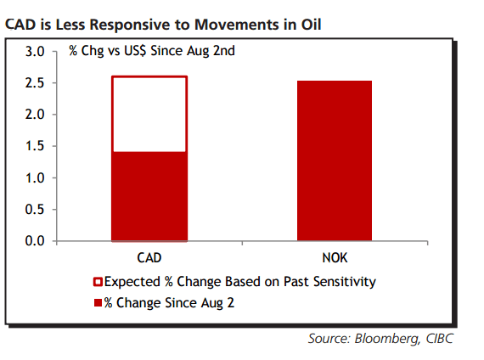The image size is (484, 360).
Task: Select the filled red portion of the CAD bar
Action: [x=149, y=196]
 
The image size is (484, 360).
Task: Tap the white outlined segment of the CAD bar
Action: [x=149, y=114]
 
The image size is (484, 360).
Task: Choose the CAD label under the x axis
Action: [x=149, y=256]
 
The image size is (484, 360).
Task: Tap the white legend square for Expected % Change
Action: [x=98, y=281]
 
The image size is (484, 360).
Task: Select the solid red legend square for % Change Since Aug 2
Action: [x=98, y=302]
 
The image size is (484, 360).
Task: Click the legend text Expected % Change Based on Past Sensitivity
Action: [x=239, y=281]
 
